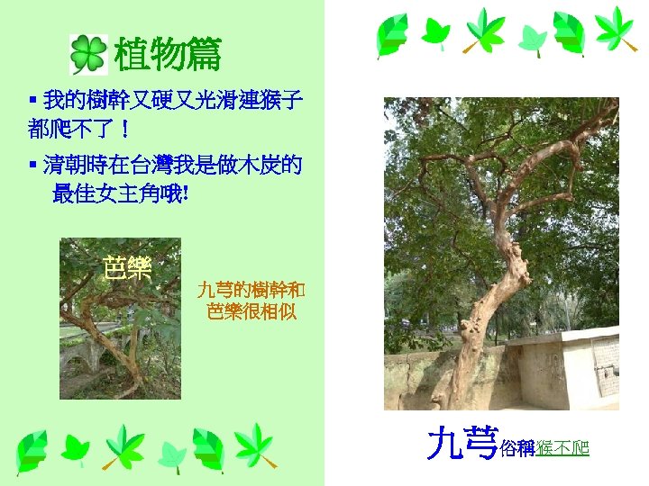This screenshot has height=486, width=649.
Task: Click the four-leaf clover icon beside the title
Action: tap(87, 55)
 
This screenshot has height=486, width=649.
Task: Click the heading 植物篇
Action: tap(167, 56)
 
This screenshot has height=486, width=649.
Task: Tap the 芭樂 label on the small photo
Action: tap(127, 268)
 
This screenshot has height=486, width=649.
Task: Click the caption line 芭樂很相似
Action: tap(251, 312)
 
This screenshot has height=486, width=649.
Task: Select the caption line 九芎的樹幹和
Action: tap(251, 290)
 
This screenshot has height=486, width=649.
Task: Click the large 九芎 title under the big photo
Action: tap(462, 442)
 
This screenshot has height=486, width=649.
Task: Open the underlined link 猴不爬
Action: tap(562, 447)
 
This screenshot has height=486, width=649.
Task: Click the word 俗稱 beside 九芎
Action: tap(516, 447)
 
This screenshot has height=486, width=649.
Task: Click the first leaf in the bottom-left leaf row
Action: tap(33, 451)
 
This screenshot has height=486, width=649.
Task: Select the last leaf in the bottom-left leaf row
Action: tap(255, 446)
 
